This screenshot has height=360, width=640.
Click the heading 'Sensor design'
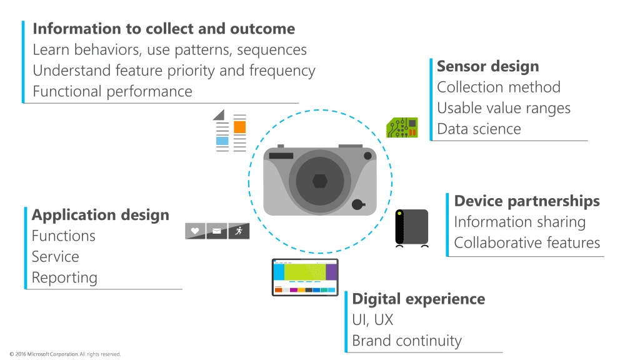[x=487, y=66]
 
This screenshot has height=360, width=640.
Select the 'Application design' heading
[x=101, y=215]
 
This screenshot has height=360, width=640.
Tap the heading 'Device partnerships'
[x=527, y=201]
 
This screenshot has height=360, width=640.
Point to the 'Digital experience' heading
[x=418, y=299]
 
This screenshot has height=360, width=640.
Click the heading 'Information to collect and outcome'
[x=164, y=29]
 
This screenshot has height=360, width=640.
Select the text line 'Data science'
[x=479, y=129]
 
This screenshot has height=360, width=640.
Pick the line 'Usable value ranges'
[x=504, y=108]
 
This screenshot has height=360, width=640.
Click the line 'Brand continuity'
[x=406, y=341]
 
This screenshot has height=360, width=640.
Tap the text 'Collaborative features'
[x=527, y=242]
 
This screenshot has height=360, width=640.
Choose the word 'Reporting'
[x=64, y=277]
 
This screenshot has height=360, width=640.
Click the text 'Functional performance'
[x=112, y=91]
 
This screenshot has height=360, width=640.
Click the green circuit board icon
[x=402, y=127]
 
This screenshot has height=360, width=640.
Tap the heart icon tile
[x=195, y=231]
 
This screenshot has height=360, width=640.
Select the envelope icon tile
[x=217, y=231]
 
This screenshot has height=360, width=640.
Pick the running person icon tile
[x=239, y=231]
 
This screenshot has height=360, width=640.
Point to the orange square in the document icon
[x=239, y=127]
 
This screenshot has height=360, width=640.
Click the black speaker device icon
[x=412, y=227]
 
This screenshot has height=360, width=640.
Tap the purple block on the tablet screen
[x=331, y=272]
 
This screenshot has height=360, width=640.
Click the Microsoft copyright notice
[x=66, y=354]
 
